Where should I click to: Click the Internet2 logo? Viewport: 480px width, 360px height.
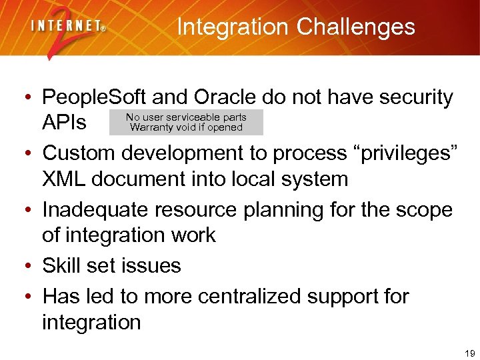tap(67, 31)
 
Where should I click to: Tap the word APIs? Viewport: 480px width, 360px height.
tap(65, 123)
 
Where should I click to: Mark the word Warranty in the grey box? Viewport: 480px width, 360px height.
tap(151, 127)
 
